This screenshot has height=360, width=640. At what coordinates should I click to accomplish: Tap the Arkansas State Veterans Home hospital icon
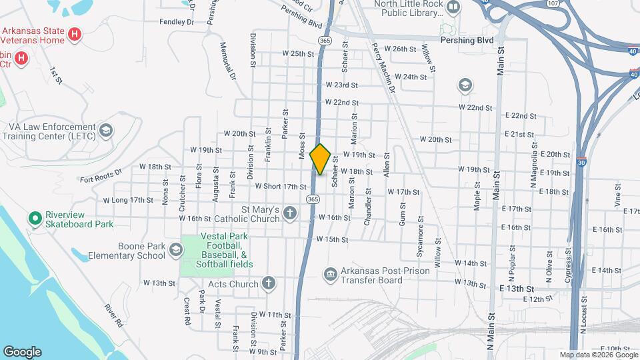pyautogui.click(x=75, y=34)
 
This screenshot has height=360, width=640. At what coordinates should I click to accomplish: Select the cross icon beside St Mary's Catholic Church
pyautogui.click(x=289, y=213)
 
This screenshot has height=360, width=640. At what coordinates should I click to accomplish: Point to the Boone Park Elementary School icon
pyautogui.click(x=176, y=250)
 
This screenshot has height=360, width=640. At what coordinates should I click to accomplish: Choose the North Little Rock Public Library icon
pyautogui.click(x=453, y=8)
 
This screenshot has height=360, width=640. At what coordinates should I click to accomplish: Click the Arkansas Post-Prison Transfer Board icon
pyautogui.click(x=329, y=274)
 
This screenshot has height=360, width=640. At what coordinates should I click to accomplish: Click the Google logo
pyautogui.click(x=22, y=352)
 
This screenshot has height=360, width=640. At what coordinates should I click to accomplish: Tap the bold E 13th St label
pyautogui.click(x=517, y=289)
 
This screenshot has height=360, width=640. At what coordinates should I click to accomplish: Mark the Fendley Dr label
pyautogui.click(x=176, y=21)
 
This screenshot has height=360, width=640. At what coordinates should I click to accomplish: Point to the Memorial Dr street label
pyautogui.click(x=228, y=61)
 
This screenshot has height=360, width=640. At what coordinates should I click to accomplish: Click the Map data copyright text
pyautogui.click(x=597, y=355)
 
